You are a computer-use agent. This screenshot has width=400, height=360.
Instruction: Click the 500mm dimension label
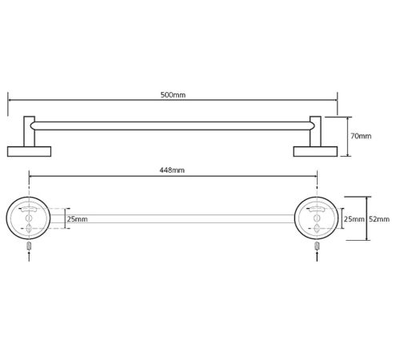coord(173,95)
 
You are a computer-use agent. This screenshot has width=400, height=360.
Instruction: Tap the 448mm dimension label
coord(172,170)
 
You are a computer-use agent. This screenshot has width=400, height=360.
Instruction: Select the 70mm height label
coord(361,136)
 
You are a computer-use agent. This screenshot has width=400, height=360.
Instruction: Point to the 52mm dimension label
coord(379,219)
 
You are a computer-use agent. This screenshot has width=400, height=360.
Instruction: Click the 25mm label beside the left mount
coord(77,219)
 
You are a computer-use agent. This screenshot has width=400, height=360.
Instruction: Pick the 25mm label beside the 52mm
coord(354,219)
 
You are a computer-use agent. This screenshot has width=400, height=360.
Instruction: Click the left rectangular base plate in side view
coord(29,151)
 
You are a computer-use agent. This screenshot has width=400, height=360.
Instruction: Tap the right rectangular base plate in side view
coord(315,151)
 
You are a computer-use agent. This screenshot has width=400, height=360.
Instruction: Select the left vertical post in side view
coord(29,131)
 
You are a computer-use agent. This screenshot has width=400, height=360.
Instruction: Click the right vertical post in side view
coord(315,131)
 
